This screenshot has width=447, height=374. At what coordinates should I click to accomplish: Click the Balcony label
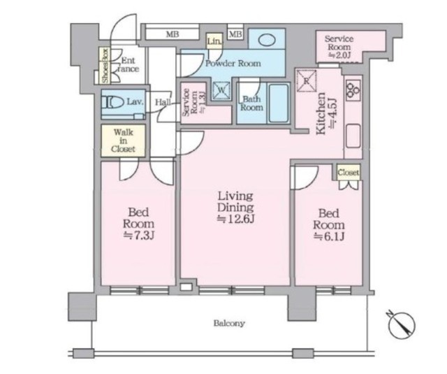point(229,324)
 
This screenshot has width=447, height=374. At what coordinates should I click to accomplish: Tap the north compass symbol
point(402,326)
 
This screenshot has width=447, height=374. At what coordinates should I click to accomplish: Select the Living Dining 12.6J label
point(235,207)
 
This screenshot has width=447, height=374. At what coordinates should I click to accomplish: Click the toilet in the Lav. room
point(113,101)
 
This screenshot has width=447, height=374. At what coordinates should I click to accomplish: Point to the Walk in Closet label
point(123,141)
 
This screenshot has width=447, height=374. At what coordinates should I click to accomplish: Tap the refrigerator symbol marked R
point(307,81)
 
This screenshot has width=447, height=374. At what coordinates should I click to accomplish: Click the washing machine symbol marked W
point(221,91)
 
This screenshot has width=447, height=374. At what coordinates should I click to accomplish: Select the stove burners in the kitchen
point(353,89)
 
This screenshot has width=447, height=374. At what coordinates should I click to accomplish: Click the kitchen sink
point(353,136)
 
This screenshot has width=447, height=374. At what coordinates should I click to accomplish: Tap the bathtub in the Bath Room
point(279,103)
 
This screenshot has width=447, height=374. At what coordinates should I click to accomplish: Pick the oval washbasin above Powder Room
point(267,40)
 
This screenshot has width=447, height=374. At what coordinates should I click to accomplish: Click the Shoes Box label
point(105,66)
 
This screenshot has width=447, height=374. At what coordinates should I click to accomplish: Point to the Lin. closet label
point(214,42)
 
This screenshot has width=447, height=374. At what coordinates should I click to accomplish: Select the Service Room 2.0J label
point(339,47)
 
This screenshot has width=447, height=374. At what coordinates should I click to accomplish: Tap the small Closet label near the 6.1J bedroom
point(349,172)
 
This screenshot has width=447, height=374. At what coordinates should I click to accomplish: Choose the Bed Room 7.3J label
point(138,224)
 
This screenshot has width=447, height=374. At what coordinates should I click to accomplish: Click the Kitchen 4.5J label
point(327,113)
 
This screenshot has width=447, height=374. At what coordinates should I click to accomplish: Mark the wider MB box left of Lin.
point(173,34)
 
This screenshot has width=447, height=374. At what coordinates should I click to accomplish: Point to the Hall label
point(163,102)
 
